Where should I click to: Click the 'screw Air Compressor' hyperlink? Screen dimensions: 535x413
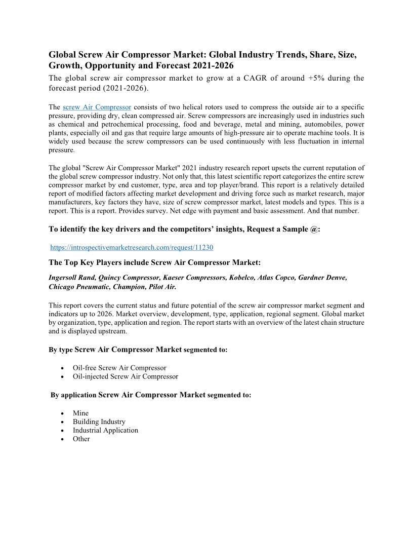pos(97,107)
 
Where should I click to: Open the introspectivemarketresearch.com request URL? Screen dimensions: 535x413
pos(132,247)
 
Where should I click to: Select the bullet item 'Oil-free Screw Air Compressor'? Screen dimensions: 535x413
pos(119,368)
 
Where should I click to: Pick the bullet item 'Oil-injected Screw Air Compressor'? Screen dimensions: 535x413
pos(126,376)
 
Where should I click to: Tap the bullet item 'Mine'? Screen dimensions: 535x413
pos(80,413)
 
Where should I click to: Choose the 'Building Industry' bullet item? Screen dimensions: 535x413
pos(99,422)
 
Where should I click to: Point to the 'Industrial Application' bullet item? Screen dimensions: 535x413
pos(105,430)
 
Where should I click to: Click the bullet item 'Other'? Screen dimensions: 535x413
pos(81,439)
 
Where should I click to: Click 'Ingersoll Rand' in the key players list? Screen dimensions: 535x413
pos(71,278)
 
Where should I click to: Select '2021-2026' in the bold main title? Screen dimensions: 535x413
pos(213,66)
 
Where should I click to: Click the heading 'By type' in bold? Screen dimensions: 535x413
pos(60,350)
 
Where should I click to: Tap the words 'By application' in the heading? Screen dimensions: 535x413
pos(73,395)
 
